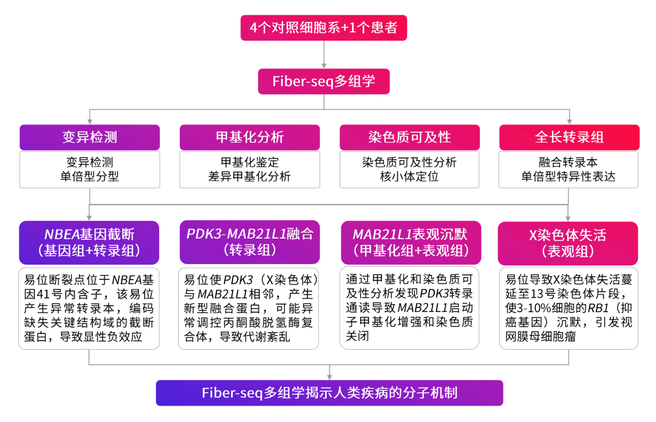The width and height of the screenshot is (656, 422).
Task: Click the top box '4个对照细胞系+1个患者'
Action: click(324, 27)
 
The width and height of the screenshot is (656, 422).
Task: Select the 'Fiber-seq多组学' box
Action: click(324, 81)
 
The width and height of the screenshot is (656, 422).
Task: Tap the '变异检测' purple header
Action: click(89, 137)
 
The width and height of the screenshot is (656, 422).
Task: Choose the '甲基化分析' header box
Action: click(249, 137)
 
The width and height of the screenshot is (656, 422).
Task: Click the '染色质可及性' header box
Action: click(409, 137)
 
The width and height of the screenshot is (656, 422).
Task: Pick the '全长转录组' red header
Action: click(569, 137)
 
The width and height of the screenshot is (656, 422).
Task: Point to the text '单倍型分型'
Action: click(89, 177)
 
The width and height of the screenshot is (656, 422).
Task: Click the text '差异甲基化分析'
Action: click(249, 177)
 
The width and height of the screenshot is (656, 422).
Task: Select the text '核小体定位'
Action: click(409, 177)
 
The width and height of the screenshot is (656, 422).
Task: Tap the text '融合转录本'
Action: click(569, 162)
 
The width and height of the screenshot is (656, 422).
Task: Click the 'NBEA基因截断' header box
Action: click(89, 242)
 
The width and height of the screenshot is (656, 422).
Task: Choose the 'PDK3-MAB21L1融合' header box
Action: click(249, 242)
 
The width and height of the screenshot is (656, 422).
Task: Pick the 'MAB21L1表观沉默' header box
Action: click(409, 242)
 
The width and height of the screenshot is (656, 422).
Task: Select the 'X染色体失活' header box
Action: click(569, 242)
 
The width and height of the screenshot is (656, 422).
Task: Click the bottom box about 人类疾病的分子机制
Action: click(329, 393)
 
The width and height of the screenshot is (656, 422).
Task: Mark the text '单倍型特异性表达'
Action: click(569, 177)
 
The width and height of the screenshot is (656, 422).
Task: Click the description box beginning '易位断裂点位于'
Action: click(89, 308)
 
